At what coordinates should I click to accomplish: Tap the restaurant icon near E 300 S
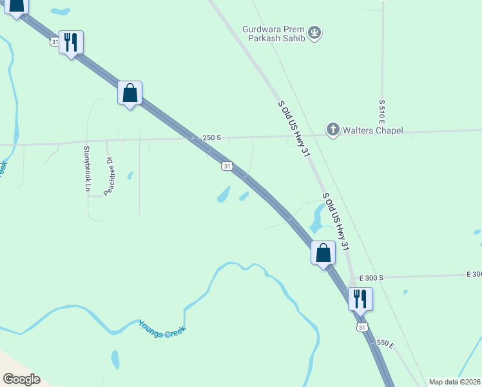360,299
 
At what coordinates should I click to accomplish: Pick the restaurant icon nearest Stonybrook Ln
71,43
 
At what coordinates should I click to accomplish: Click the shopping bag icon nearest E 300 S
323,252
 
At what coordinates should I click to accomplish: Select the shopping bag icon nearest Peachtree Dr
130,93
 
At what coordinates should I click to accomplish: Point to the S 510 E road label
382,113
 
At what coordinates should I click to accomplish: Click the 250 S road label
211,137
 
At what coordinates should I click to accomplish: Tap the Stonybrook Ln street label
88,169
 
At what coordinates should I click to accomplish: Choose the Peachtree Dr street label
109,177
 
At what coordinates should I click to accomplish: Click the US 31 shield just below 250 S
226,166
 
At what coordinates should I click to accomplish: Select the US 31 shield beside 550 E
362,328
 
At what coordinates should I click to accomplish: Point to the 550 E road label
385,344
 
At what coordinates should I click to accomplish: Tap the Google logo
21,379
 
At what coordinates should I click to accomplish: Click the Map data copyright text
454,382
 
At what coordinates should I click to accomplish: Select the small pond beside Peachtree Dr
131,175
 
